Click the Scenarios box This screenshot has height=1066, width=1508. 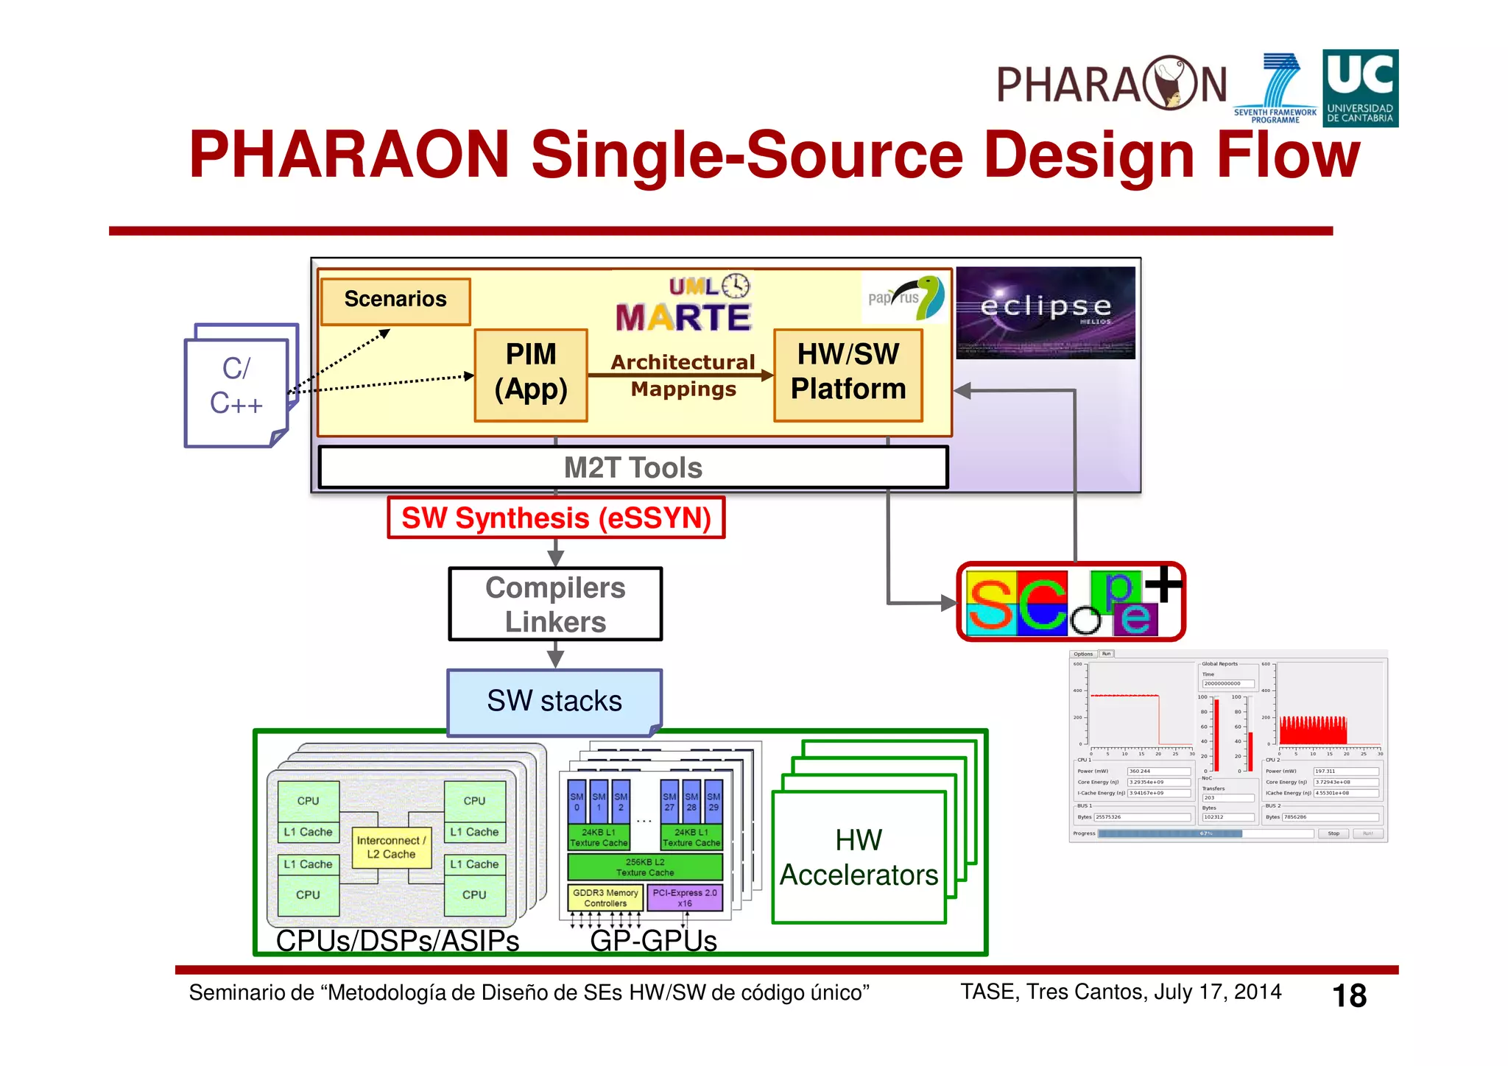click(395, 301)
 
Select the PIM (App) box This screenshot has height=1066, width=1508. click(530, 375)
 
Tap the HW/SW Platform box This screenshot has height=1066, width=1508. click(848, 375)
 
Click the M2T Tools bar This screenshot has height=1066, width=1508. click(633, 467)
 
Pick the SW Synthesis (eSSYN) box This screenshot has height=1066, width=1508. click(556, 518)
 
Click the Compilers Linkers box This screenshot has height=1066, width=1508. click(555, 604)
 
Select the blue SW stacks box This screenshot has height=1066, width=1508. click(554, 702)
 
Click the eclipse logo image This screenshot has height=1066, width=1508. click(1045, 312)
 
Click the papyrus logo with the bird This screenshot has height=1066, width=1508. click(906, 297)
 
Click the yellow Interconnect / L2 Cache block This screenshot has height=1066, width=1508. click(391, 847)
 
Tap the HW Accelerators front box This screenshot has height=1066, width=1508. click(859, 858)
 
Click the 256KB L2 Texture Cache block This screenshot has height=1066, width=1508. click(645, 867)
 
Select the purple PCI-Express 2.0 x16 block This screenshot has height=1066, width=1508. click(684, 898)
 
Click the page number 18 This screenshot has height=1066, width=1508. click(1349, 996)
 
